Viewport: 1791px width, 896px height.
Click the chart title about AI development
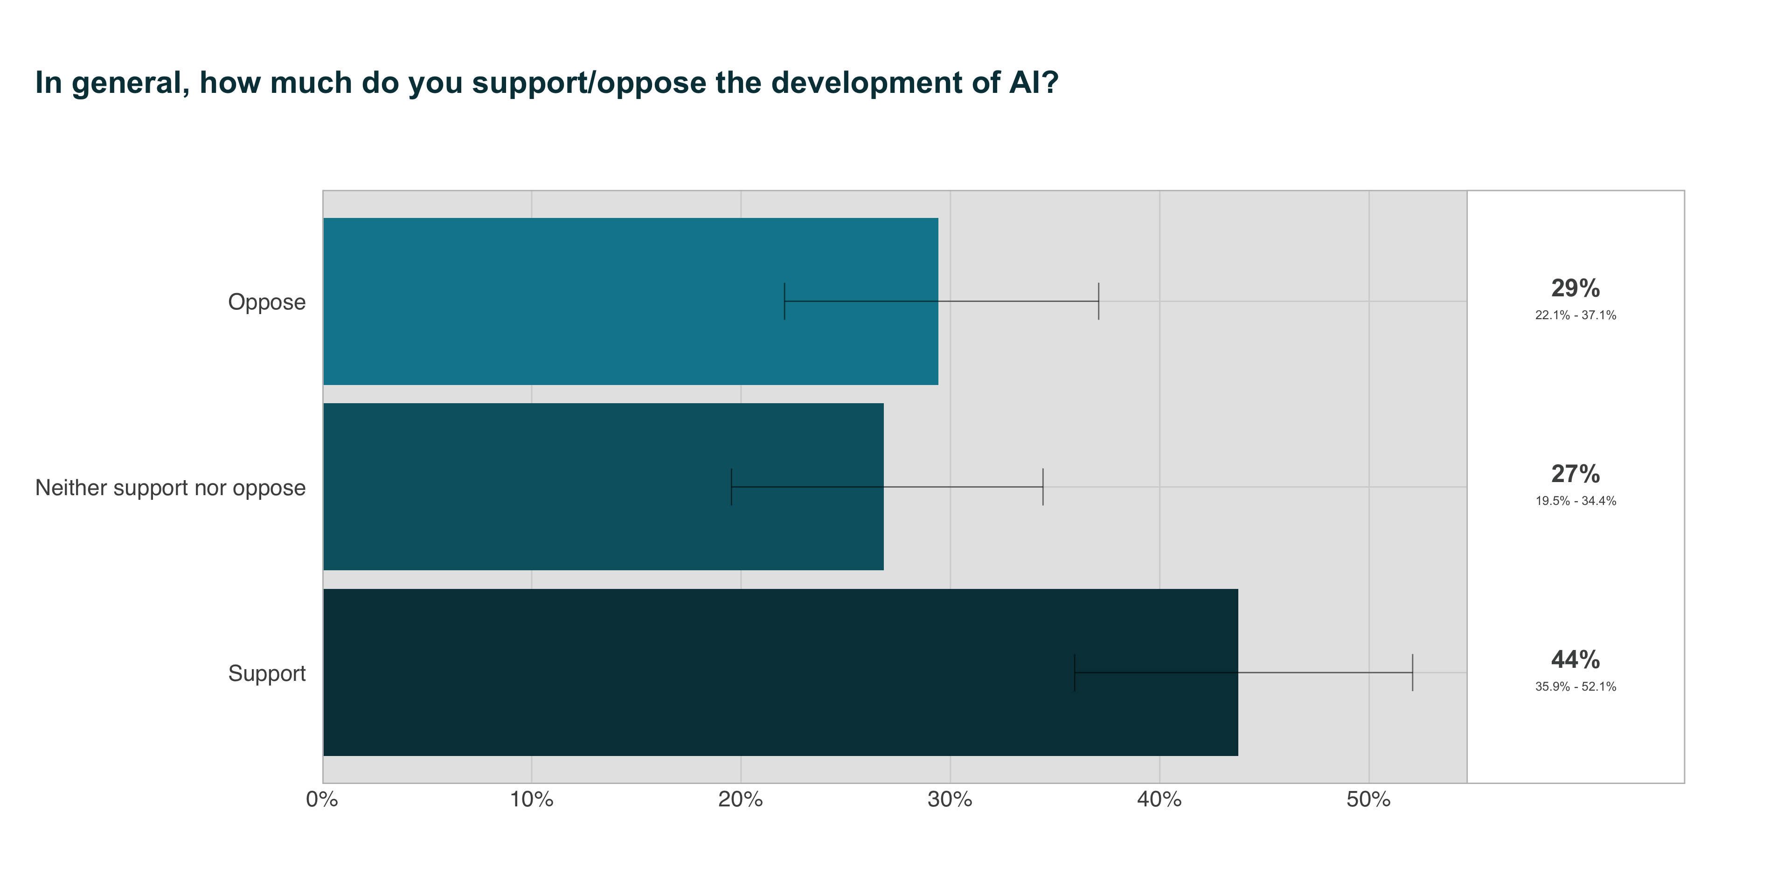tap(547, 83)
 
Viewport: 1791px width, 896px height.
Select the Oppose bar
tap(630, 301)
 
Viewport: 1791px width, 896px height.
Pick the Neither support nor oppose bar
tap(603, 487)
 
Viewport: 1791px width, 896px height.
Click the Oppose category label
tap(267, 302)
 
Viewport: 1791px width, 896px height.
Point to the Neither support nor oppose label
tap(170, 488)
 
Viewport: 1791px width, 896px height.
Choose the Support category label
tap(267, 673)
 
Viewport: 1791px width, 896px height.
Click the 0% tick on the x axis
tap(322, 800)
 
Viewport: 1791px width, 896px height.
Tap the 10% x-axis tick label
tap(531, 800)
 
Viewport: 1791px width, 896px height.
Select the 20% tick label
tap(741, 800)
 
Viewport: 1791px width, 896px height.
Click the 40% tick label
tap(1159, 800)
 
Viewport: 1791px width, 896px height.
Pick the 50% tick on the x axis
tap(1368, 800)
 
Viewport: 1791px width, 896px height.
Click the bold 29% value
tap(1576, 288)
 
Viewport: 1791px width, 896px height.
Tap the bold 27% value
tap(1576, 474)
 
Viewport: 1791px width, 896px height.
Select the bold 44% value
tap(1576, 659)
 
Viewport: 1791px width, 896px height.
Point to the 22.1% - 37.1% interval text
tap(1576, 315)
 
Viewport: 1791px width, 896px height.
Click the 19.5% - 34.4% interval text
tap(1576, 501)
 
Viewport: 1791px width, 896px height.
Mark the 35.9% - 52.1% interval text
tap(1576, 686)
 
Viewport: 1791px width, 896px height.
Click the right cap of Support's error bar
tap(1413, 672)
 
